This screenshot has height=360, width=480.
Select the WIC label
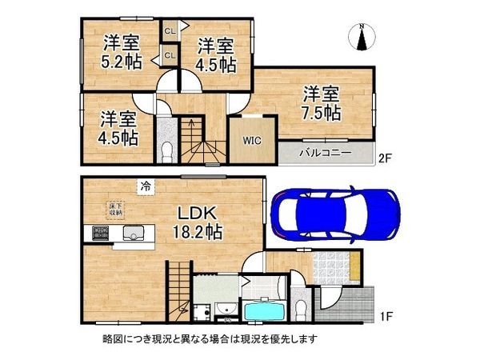coord(250,137)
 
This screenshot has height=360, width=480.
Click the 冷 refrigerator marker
coord(146,186)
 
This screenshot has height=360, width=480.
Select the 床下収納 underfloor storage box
coord(115,210)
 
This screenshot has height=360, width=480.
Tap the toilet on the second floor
coord(165,150)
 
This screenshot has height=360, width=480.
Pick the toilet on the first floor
coord(300,309)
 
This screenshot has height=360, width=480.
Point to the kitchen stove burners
coord(102,234)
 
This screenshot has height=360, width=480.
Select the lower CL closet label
coord(170,55)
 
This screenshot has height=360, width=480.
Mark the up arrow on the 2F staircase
coord(192,123)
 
